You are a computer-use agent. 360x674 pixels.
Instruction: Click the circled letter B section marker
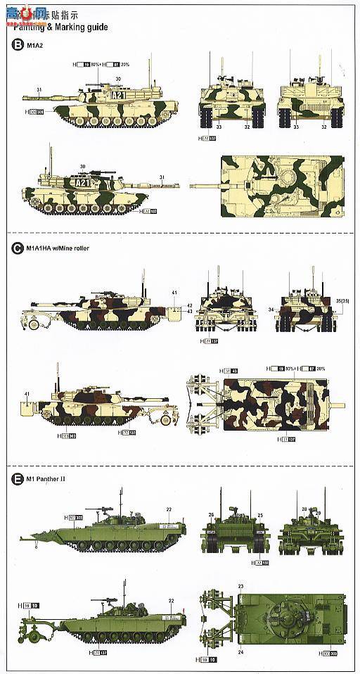pos(17,46)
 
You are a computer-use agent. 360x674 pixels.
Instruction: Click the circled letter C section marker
pos(17,248)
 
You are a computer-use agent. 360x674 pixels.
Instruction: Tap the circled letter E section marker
pos(17,479)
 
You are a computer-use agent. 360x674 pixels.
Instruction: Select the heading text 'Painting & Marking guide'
pos(59,27)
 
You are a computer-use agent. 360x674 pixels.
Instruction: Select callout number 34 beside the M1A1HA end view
pos(271,310)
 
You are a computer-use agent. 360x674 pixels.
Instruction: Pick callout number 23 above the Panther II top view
pos(240,586)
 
